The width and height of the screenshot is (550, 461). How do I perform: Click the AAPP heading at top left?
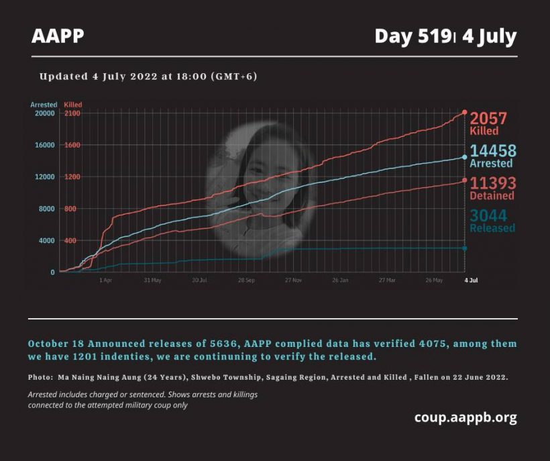(58, 36)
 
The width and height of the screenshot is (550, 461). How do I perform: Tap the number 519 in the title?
(434, 36)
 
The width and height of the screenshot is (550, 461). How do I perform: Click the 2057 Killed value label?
(488, 123)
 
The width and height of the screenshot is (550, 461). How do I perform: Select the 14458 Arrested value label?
(493, 156)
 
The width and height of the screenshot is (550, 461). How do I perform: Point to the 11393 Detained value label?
(493, 189)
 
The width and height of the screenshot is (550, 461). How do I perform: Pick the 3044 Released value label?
(492, 221)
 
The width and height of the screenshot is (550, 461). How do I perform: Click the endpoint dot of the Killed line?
(465, 112)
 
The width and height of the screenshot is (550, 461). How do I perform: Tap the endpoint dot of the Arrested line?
(465, 157)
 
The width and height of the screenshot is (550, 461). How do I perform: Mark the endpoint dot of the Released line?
(465, 248)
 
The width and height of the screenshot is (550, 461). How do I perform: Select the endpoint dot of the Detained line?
(465, 181)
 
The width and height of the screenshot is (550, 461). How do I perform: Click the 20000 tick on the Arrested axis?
(44, 113)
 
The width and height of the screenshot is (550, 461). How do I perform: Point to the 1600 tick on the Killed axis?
(72, 145)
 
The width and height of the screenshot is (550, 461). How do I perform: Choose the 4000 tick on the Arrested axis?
(47, 241)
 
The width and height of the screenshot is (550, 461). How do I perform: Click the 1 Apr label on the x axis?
(105, 280)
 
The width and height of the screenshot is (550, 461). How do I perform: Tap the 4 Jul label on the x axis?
(471, 280)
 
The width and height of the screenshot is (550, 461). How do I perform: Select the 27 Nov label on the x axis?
(293, 280)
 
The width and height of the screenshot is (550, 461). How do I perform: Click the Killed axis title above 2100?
(73, 105)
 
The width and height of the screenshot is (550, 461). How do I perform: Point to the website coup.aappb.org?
(465, 417)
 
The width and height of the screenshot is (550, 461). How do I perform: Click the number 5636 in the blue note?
(223, 344)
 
